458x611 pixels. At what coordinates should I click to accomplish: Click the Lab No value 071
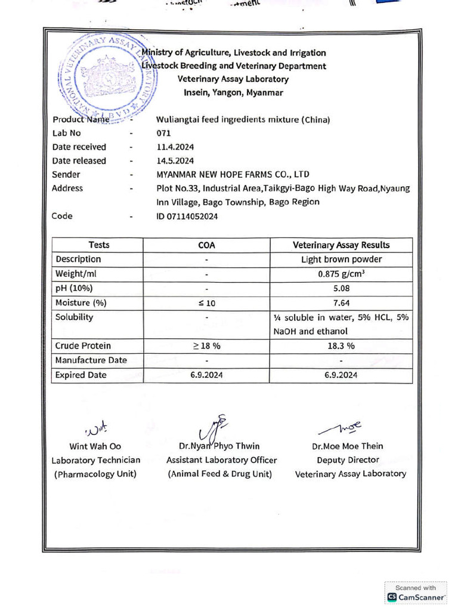pos(163,133)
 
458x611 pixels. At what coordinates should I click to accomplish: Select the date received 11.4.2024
pos(175,147)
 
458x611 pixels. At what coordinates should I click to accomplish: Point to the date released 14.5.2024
pos(175,161)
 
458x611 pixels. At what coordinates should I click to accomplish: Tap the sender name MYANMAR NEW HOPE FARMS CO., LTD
pos(233,174)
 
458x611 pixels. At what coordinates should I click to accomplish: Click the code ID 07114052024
pos(187,216)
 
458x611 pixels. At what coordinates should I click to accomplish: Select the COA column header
pos(206,245)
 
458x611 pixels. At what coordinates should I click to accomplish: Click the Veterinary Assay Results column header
pos(341,245)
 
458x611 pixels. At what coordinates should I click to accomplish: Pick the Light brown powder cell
pos(341,260)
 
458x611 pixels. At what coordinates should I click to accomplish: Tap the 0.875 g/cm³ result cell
pos(341,274)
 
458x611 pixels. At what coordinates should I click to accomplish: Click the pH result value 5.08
pos(341,288)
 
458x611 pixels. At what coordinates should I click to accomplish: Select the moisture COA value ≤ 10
pos(206,303)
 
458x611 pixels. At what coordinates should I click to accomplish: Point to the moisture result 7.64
pos(341,303)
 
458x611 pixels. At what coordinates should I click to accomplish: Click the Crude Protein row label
pos(83,345)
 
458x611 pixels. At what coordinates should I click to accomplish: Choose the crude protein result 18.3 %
pos(341,345)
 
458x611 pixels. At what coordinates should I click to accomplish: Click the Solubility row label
pos(74,317)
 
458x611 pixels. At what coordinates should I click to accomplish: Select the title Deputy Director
pos(348,459)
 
